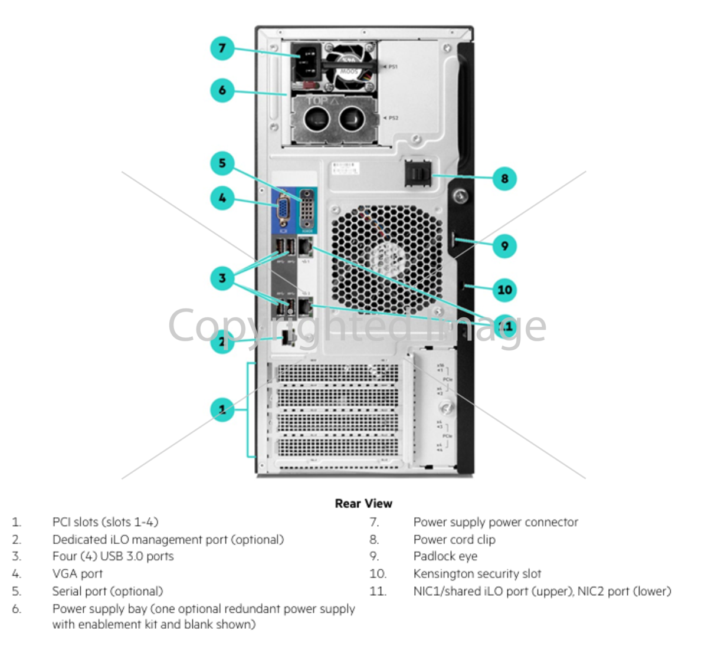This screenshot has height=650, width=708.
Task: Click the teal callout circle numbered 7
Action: pos(222,48)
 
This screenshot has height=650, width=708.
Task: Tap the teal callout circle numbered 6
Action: pos(222,90)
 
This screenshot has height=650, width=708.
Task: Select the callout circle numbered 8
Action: pos(504,178)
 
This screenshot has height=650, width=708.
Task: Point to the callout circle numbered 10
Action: pos(504,290)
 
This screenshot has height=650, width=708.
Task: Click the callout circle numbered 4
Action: pos(222,198)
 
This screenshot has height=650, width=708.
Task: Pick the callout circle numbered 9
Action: pos(504,245)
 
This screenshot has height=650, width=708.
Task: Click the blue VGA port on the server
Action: pos(284,211)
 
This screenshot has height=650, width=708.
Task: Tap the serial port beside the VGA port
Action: pos(307,209)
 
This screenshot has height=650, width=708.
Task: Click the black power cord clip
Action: pos(418,173)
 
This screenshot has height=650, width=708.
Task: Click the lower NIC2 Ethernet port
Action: pos(305,306)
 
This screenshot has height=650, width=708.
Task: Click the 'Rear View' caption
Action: pos(363,503)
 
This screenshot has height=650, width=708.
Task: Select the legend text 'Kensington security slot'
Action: pos(477,573)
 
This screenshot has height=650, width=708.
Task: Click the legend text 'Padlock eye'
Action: pos(445,556)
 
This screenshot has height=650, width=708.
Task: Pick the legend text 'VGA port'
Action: pos(77,573)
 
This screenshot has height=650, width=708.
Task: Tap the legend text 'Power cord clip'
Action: pos(454,539)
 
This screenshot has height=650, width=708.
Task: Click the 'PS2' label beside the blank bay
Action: pos(393,118)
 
